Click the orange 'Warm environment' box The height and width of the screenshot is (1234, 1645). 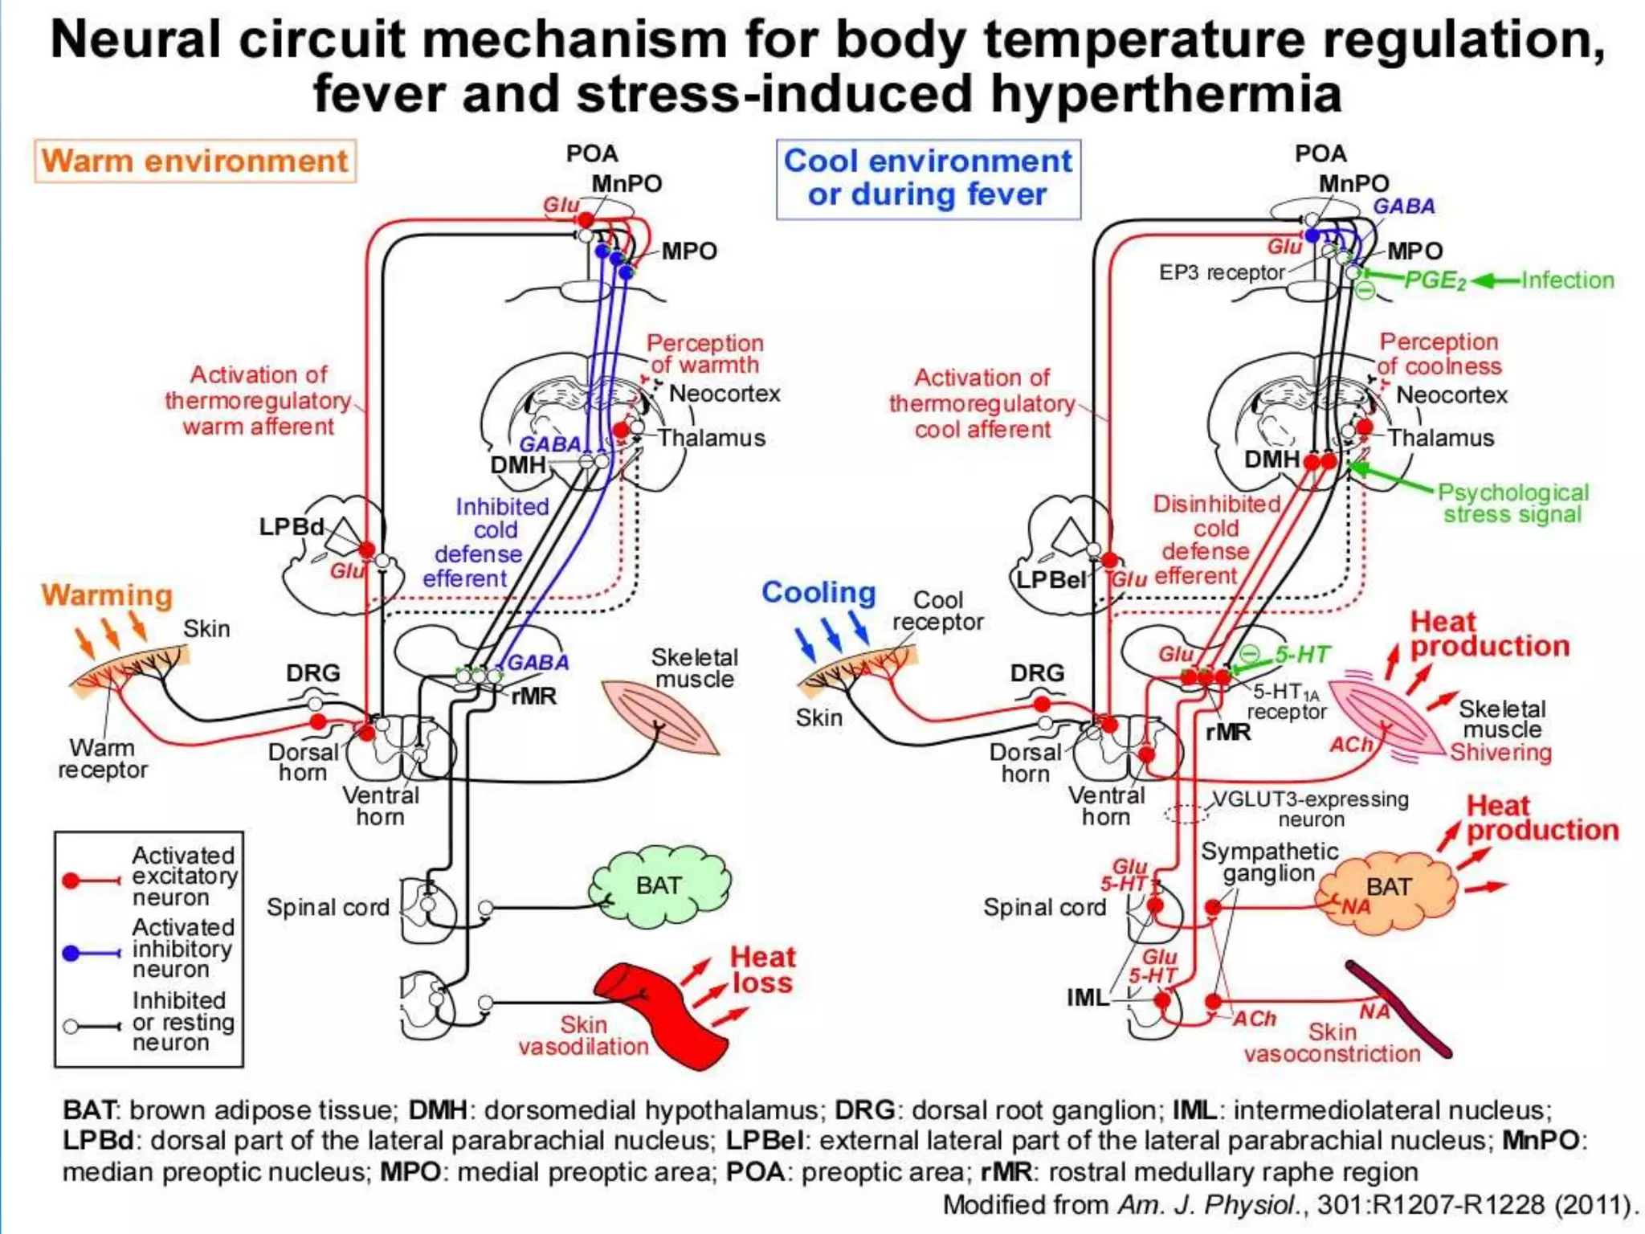pyautogui.click(x=194, y=161)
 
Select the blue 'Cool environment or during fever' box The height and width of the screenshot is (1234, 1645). pyautogui.click(x=928, y=178)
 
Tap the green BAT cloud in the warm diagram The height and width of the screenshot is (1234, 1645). pyautogui.click(x=659, y=886)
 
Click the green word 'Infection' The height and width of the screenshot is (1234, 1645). pyautogui.click(x=1567, y=280)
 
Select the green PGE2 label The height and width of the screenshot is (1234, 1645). pyautogui.click(x=1435, y=281)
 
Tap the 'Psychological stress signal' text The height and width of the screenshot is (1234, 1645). pyautogui.click(x=1512, y=504)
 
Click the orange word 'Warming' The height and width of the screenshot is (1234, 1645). pyautogui.click(x=107, y=595)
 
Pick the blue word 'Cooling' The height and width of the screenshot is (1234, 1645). pyautogui.click(x=818, y=593)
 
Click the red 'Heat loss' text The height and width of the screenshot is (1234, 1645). pyautogui.click(x=762, y=970)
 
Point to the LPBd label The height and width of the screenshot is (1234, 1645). pyautogui.click(x=291, y=527)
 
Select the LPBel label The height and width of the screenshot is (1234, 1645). pyautogui.click(x=1051, y=580)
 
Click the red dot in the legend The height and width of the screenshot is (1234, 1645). pyautogui.click(x=71, y=881)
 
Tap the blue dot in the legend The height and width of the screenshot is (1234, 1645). pyautogui.click(x=71, y=953)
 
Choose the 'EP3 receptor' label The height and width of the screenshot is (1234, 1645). pyautogui.click(x=1221, y=273)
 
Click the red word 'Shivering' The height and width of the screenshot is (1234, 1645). pyautogui.click(x=1500, y=753)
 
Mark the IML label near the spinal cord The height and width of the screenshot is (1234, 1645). pyautogui.click(x=1087, y=998)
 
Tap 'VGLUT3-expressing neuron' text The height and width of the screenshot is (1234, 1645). pyautogui.click(x=1310, y=809)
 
